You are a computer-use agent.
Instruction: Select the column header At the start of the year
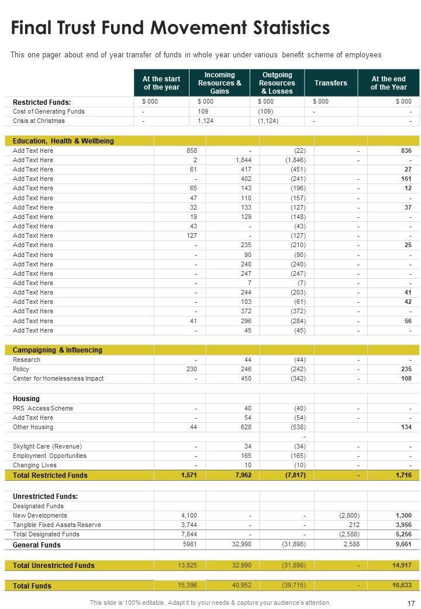click(x=161, y=83)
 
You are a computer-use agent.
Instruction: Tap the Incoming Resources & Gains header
click(x=219, y=83)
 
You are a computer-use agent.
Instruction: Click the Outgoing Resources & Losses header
click(x=277, y=83)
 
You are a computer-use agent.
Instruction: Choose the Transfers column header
click(x=330, y=83)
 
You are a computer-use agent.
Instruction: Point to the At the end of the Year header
click(x=388, y=83)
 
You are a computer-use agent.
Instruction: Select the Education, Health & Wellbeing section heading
click(x=63, y=141)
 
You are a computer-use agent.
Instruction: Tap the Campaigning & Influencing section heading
click(x=57, y=350)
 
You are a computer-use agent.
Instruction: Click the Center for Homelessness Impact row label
click(x=58, y=378)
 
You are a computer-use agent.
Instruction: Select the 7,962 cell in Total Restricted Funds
click(x=241, y=475)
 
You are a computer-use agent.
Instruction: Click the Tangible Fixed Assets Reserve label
click(x=57, y=525)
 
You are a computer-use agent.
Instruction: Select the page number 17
click(x=410, y=603)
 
